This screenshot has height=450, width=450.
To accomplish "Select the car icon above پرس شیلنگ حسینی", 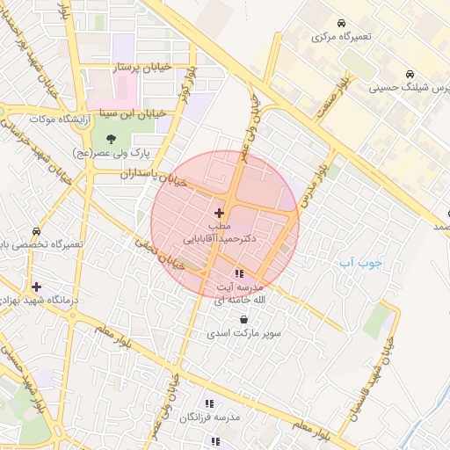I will pos(410,74).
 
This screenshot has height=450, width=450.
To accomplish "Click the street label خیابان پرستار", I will pos(135,67).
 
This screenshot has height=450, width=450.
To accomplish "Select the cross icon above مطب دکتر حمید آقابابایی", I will pos(219,212).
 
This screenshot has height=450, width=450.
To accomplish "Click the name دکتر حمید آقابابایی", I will pos(220,238).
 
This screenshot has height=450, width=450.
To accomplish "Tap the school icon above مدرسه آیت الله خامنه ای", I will pos(240,273).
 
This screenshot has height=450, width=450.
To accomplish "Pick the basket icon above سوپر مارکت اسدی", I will pos(243,320).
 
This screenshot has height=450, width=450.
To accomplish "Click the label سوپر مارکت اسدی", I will pos(242,334).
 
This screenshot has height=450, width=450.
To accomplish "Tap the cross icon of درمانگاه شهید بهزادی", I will pos(36,287).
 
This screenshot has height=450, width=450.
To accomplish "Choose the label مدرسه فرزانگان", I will pos(210,419).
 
